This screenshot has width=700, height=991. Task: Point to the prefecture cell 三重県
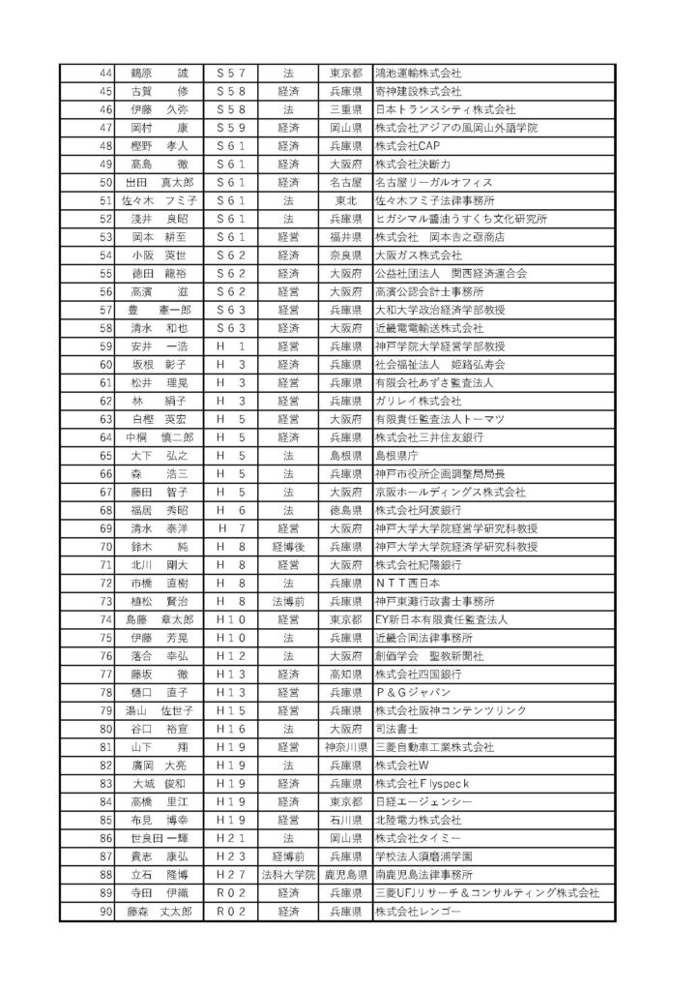pyautogui.click(x=345, y=109)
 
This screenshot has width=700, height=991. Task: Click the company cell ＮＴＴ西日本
pyautogui.click(x=411, y=584)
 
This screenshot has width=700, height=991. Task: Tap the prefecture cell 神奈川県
pyautogui.click(x=345, y=747)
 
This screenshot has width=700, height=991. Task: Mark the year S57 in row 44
pyautogui.click(x=232, y=73)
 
